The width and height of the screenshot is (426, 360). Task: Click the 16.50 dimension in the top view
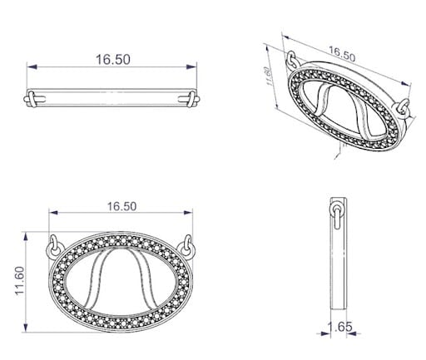pos(113,60)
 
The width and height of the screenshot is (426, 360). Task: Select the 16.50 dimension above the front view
pos(122,206)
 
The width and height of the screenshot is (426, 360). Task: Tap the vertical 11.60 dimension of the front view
pos(20,281)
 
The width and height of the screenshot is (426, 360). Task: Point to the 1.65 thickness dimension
pos(339,327)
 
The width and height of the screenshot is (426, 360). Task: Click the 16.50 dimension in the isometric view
pos(342,54)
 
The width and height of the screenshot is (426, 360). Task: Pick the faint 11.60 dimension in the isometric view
pos(268,76)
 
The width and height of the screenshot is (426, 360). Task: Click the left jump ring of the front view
pos(52,245)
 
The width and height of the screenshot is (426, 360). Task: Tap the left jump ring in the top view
pos(32,99)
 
